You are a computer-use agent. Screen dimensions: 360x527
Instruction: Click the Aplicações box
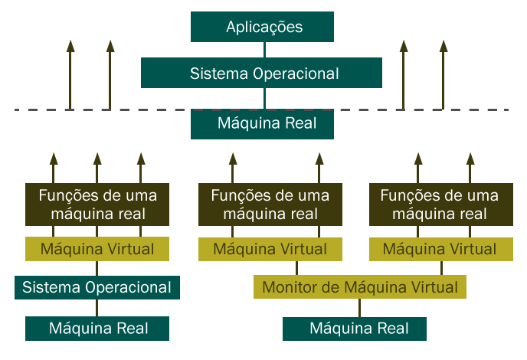click(264, 28)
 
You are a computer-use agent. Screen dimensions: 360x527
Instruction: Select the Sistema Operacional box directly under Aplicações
click(264, 74)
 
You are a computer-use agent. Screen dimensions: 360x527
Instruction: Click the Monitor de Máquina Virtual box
click(360, 287)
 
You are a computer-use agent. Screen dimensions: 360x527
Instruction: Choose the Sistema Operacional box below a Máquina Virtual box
click(97, 287)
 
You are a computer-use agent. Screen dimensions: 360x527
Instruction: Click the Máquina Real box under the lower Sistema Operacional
click(97, 329)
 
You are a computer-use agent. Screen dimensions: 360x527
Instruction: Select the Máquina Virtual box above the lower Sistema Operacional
click(97, 249)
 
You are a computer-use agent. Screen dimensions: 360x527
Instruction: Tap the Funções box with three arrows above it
click(97, 205)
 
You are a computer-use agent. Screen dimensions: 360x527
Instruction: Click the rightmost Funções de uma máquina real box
click(440, 205)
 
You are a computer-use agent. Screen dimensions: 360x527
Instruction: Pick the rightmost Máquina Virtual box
click(440, 249)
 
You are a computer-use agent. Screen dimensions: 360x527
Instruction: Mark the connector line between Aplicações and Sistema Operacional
click(264, 50)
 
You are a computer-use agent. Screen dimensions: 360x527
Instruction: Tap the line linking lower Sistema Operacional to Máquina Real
click(97, 308)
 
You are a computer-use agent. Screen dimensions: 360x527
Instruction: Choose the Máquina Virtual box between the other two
click(270, 249)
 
